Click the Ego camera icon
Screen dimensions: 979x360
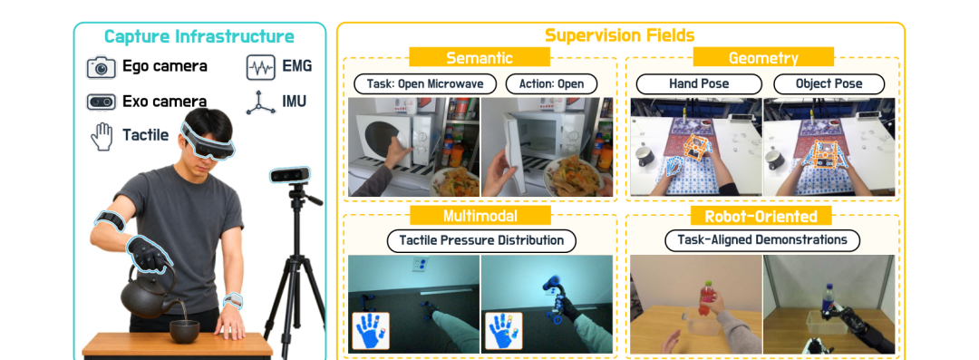(102, 67)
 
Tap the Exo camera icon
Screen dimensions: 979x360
(102, 102)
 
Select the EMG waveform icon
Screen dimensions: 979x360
(261, 67)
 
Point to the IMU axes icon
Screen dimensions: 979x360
(261, 102)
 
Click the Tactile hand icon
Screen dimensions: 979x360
(102, 136)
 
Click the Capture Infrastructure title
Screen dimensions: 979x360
(199, 36)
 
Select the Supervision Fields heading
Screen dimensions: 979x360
(620, 35)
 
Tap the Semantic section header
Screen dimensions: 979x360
(480, 57)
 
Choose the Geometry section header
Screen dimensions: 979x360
(763, 58)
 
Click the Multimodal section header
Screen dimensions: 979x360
(480, 216)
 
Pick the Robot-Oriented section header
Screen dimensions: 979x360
(761, 216)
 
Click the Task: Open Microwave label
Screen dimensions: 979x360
(424, 83)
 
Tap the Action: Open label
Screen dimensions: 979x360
(551, 83)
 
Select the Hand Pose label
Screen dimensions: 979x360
(699, 83)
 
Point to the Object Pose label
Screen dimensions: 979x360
(829, 83)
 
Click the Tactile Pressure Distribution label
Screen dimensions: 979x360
(481, 240)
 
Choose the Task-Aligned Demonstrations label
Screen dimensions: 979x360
(761, 240)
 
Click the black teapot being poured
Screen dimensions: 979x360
(148, 293)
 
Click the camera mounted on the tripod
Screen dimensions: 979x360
(290, 175)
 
